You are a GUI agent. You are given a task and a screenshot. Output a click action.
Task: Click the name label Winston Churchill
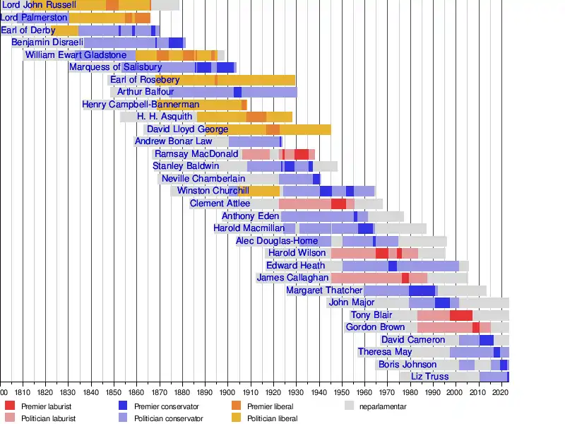[x=213, y=191]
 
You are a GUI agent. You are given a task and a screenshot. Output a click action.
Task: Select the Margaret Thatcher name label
[x=325, y=290]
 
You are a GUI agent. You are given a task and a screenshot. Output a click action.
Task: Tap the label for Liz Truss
[x=429, y=377]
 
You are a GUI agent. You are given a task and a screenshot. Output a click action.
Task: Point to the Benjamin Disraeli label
[x=47, y=42]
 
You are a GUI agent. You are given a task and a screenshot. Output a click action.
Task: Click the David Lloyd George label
[x=187, y=129]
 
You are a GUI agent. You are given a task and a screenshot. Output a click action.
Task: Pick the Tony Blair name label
[x=371, y=315]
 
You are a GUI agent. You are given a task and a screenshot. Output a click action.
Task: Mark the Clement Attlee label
[x=220, y=204]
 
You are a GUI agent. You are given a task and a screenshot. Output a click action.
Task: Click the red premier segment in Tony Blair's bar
[x=460, y=315]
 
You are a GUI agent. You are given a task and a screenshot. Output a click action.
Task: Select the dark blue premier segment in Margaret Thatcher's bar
[x=422, y=290]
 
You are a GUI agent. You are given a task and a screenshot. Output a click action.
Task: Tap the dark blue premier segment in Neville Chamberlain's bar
[x=316, y=179]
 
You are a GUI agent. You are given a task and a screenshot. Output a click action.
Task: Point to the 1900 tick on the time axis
[x=227, y=391]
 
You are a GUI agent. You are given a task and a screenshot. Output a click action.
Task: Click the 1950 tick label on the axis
[x=341, y=391]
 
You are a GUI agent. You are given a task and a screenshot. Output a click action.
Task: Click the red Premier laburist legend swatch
[x=10, y=406]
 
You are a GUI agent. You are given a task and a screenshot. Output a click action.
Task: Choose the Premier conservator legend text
[x=167, y=406]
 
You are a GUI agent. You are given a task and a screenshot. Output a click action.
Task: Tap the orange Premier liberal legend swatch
[x=237, y=406]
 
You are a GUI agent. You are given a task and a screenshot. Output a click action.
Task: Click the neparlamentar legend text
[x=382, y=406]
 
